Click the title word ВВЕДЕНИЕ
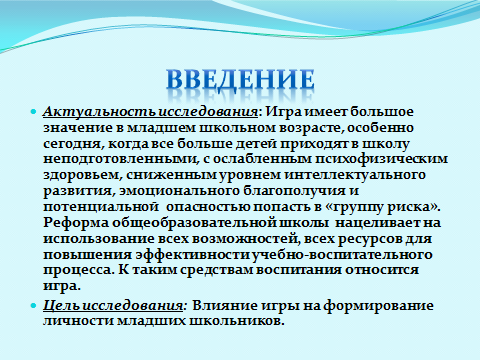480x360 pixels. coord(240,80)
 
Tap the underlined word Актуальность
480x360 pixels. coord(100,112)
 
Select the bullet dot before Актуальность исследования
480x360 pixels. coord(33,112)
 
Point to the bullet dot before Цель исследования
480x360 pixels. coord(33,305)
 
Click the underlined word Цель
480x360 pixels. coord(61,306)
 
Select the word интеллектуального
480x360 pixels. coord(355,175)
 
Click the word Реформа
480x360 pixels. coord(76,223)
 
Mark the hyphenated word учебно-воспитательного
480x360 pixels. coord(342,255)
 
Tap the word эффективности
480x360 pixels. coord(193,255)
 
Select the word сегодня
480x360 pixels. coord(74,144)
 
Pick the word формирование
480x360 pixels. coord(378,306)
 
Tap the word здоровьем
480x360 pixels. coord(81,175)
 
